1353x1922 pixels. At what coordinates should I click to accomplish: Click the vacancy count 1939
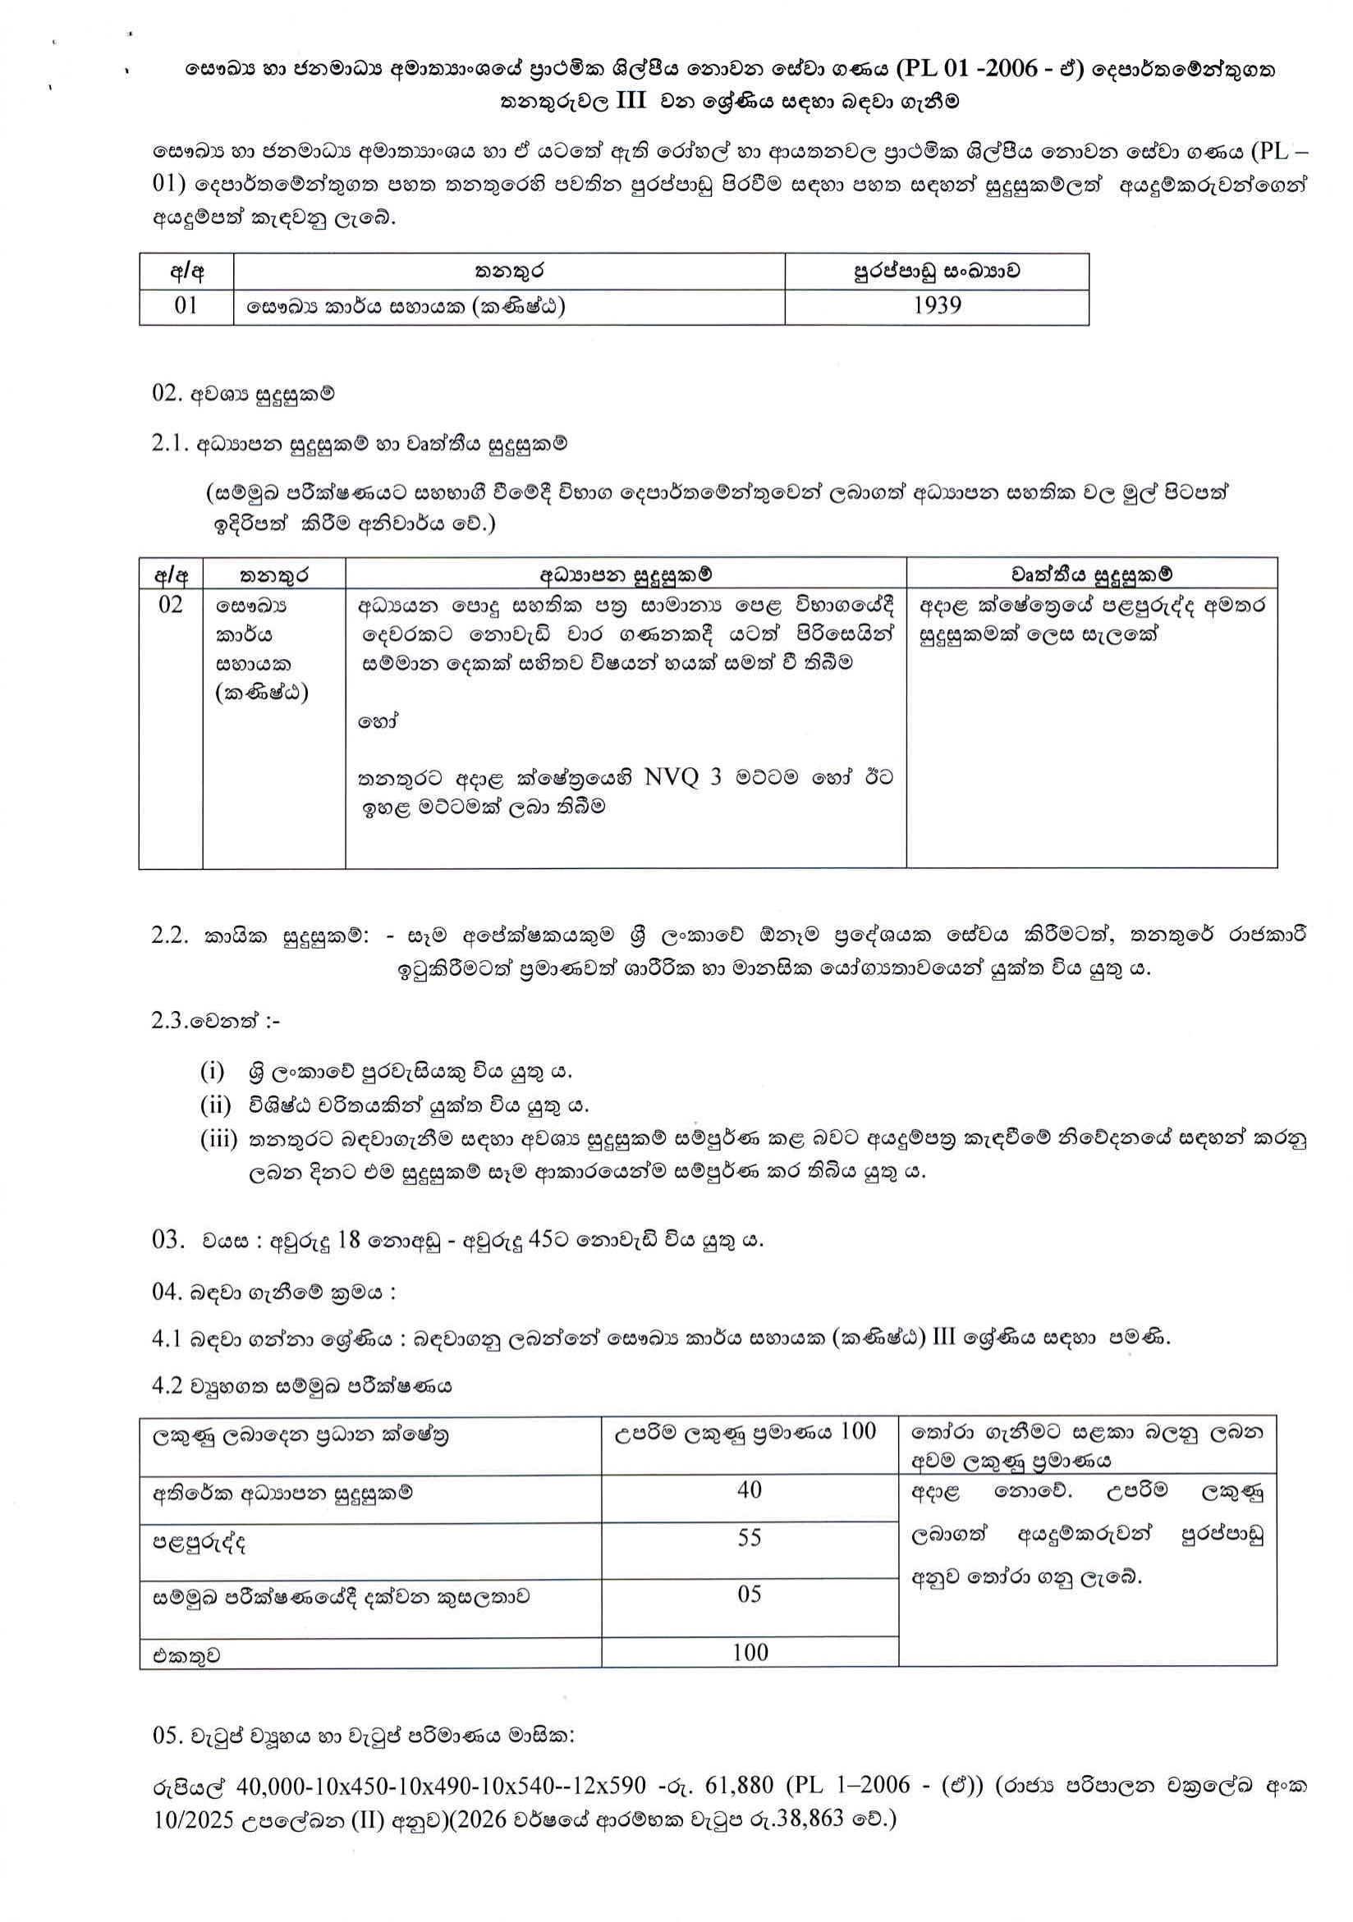point(937,305)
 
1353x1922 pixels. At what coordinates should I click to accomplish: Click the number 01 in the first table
point(186,305)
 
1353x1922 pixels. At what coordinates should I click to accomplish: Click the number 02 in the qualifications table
point(170,603)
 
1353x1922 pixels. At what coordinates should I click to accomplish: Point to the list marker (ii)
point(215,1105)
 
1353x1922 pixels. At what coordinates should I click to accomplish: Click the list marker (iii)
point(218,1139)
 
